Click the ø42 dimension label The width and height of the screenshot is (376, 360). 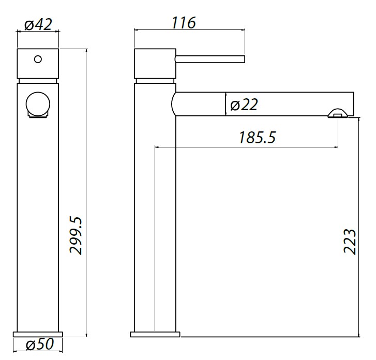pyautogui.click(x=38, y=24)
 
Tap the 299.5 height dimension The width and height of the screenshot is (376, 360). pyautogui.click(x=77, y=235)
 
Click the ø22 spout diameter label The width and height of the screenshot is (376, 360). pyautogui.click(x=243, y=105)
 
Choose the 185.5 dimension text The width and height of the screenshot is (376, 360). pyautogui.click(x=257, y=138)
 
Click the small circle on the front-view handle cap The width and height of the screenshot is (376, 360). pyautogui.click(x=37, y=59)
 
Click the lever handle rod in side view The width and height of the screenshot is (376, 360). pyautogui.click(x=209, y=59)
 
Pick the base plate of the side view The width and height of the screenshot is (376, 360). pyautogui.click(x=155, y=333)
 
